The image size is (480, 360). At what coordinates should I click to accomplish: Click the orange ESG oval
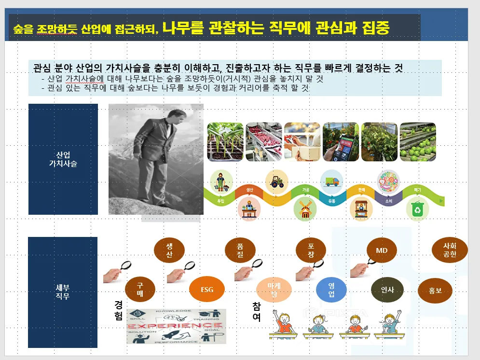pos(206,290)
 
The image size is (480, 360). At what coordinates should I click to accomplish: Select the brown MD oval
pos(382,250)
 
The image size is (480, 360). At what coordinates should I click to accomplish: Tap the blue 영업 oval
pos(331,290)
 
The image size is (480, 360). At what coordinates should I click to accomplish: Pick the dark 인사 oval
pos(387,290)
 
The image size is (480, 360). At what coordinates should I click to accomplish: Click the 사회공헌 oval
pos(450,250)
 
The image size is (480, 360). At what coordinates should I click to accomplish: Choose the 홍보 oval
pos(435,291)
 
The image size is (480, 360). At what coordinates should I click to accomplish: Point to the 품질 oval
pos(240,250)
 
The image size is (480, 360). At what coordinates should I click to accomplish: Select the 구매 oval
pos(140,290)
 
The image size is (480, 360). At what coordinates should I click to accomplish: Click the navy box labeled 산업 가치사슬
pos(63,159)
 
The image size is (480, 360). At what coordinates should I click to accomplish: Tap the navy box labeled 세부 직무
pos(63,292)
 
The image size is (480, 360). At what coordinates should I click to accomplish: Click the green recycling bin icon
pos(416,209)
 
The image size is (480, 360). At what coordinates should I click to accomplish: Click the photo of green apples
pos(418,141)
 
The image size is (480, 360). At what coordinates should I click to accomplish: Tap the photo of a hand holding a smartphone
pos(341,141)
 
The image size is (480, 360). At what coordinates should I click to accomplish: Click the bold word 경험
pos(118,310)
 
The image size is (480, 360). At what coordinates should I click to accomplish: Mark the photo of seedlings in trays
pos(225,141)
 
